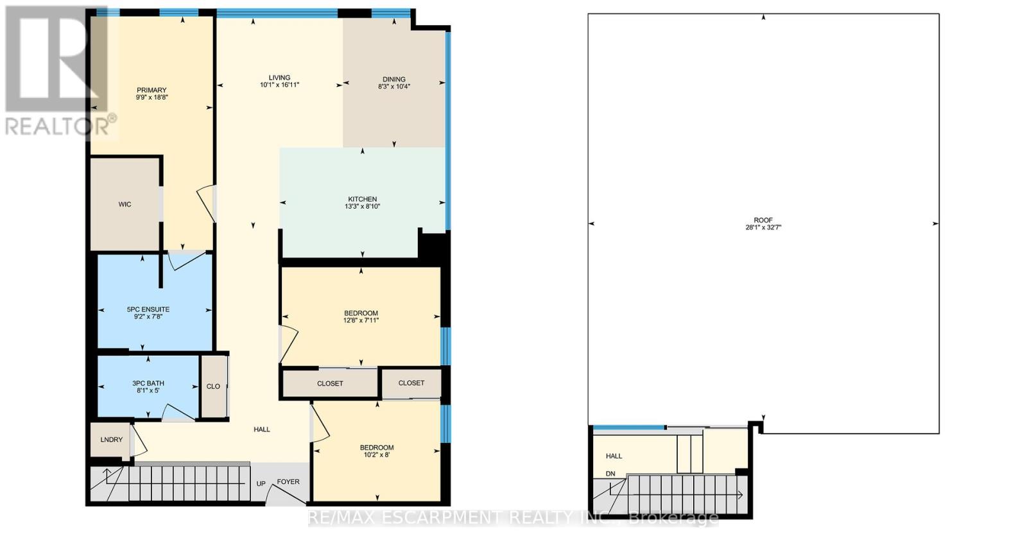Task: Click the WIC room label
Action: (x=125, y=204)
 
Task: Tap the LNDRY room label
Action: (x=112, y=439)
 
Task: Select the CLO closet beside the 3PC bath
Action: (x=213, y=386)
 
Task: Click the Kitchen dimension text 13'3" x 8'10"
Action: (x=362, y=206)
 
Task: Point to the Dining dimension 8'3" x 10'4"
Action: (x=394, y=86)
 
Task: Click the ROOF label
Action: (x=763, y=220)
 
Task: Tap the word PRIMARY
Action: (x=151, y=90)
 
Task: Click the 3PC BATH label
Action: (x=148, y=383)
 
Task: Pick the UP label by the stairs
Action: (x=261, y=484)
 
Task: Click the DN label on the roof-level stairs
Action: (x=610, y=474)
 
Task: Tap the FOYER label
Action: (x=288, y=481)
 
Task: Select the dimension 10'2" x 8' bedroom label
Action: (x=377, y=455)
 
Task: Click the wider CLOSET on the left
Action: (x=330, y=383)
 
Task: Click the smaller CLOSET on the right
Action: (x=411, y=383)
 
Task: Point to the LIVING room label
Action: (x=280, y=78)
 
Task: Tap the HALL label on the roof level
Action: (x=614, y=456)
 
